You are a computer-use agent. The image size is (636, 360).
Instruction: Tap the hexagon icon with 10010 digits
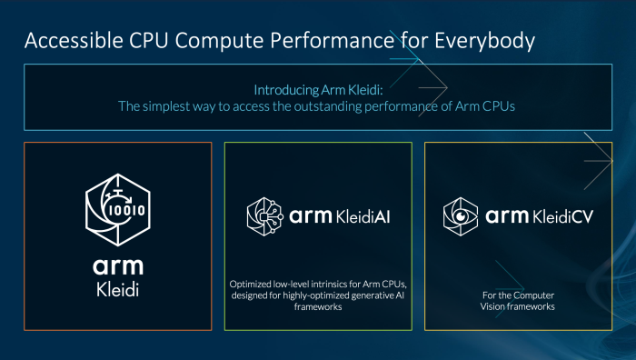coord(118,205)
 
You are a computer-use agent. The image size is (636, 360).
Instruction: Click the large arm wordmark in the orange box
coord(118,265)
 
